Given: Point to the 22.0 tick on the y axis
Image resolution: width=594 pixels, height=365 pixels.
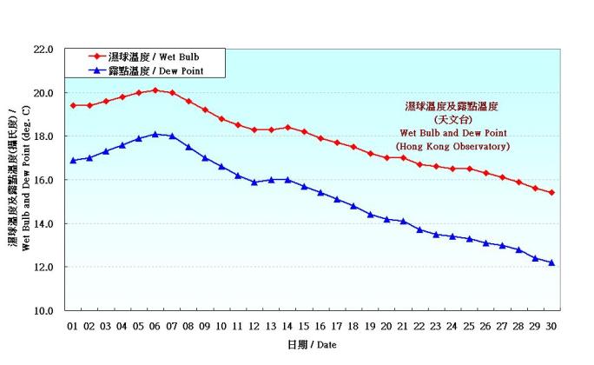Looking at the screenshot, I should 44,50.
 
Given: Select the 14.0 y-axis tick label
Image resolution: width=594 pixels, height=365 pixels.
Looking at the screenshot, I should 44,223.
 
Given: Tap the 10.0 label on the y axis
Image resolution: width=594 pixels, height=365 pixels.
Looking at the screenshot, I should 44,310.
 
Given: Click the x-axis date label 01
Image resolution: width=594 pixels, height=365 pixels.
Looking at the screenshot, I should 73,326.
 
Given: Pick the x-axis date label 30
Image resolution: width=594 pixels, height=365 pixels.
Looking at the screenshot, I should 551,326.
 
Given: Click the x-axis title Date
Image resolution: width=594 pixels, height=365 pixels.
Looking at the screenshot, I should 312,345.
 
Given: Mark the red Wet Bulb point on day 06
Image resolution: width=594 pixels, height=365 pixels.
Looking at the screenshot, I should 155,90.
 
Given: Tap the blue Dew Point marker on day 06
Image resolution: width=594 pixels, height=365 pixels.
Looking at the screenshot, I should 155,134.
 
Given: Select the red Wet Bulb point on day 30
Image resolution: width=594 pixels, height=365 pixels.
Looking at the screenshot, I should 551,193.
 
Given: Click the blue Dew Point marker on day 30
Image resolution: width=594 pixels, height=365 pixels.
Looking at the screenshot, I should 551,262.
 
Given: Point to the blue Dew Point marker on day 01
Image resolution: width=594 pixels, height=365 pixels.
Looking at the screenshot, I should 73,160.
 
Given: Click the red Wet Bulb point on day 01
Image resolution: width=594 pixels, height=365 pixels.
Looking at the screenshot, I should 73,105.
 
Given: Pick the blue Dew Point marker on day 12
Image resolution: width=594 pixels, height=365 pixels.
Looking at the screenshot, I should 254,182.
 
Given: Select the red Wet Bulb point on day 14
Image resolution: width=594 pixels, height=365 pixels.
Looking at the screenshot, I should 287,127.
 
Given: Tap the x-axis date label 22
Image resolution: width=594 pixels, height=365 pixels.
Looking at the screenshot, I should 419,326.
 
